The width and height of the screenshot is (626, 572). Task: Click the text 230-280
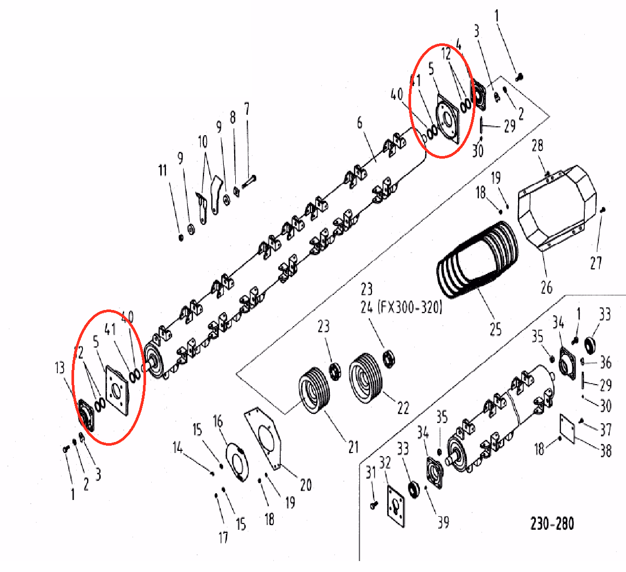pyautogui.click(x=552, y=523)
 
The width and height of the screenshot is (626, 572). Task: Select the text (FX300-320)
pyautogui.click(x=410, y=308)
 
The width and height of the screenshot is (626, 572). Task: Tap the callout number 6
pyautogui.click(x=360, y=123)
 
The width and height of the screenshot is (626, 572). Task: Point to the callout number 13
pyautogui.click(x=60, y=368)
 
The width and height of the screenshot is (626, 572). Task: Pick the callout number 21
pyautogui.click(x=354, y=447)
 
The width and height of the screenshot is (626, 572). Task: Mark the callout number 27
pyautogui.click(x=596, y=263)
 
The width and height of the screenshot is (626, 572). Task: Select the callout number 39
pyautogui.click(x=443, y=522)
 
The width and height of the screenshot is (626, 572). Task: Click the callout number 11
pyautogui.click(x=163, y=171)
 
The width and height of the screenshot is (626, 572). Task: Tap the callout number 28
pyautogui.click(x=537, y=146)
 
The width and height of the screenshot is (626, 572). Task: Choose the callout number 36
pyautogui.click(x=606, y=363)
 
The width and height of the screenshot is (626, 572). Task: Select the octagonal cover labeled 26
pyautogui.click(x=557, y=208)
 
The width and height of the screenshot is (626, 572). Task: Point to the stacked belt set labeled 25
pyautogui.click(x=477, y=260)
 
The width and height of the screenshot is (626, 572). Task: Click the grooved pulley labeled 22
pyautogui.click(x=366, y=378)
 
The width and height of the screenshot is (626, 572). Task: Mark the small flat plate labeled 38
pyautogui.click(x=568, y=428)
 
